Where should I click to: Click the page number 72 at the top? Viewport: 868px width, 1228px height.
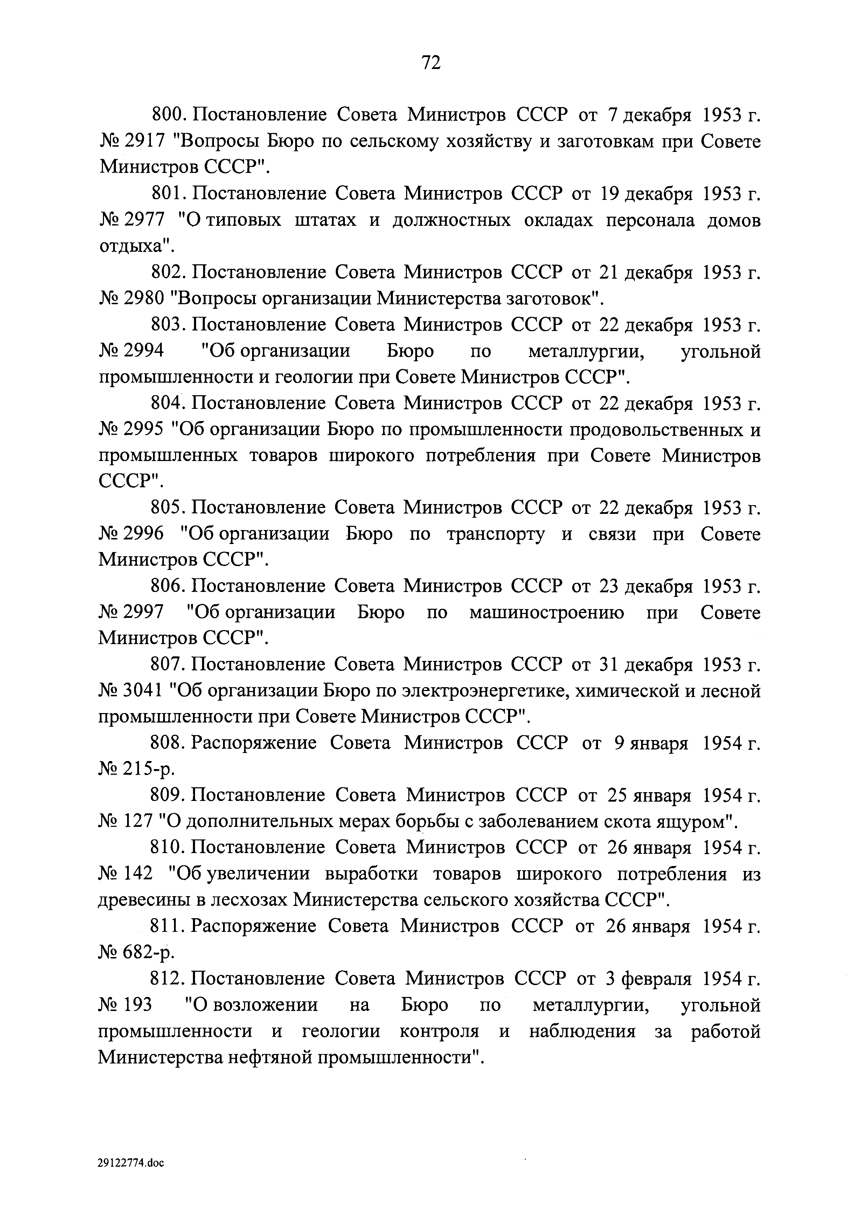tap(431, 63)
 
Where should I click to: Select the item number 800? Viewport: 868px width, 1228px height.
tap(168, 115)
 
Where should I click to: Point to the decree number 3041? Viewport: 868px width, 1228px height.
tap(143, 691)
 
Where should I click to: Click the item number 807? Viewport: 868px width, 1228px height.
tap(167, 665)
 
